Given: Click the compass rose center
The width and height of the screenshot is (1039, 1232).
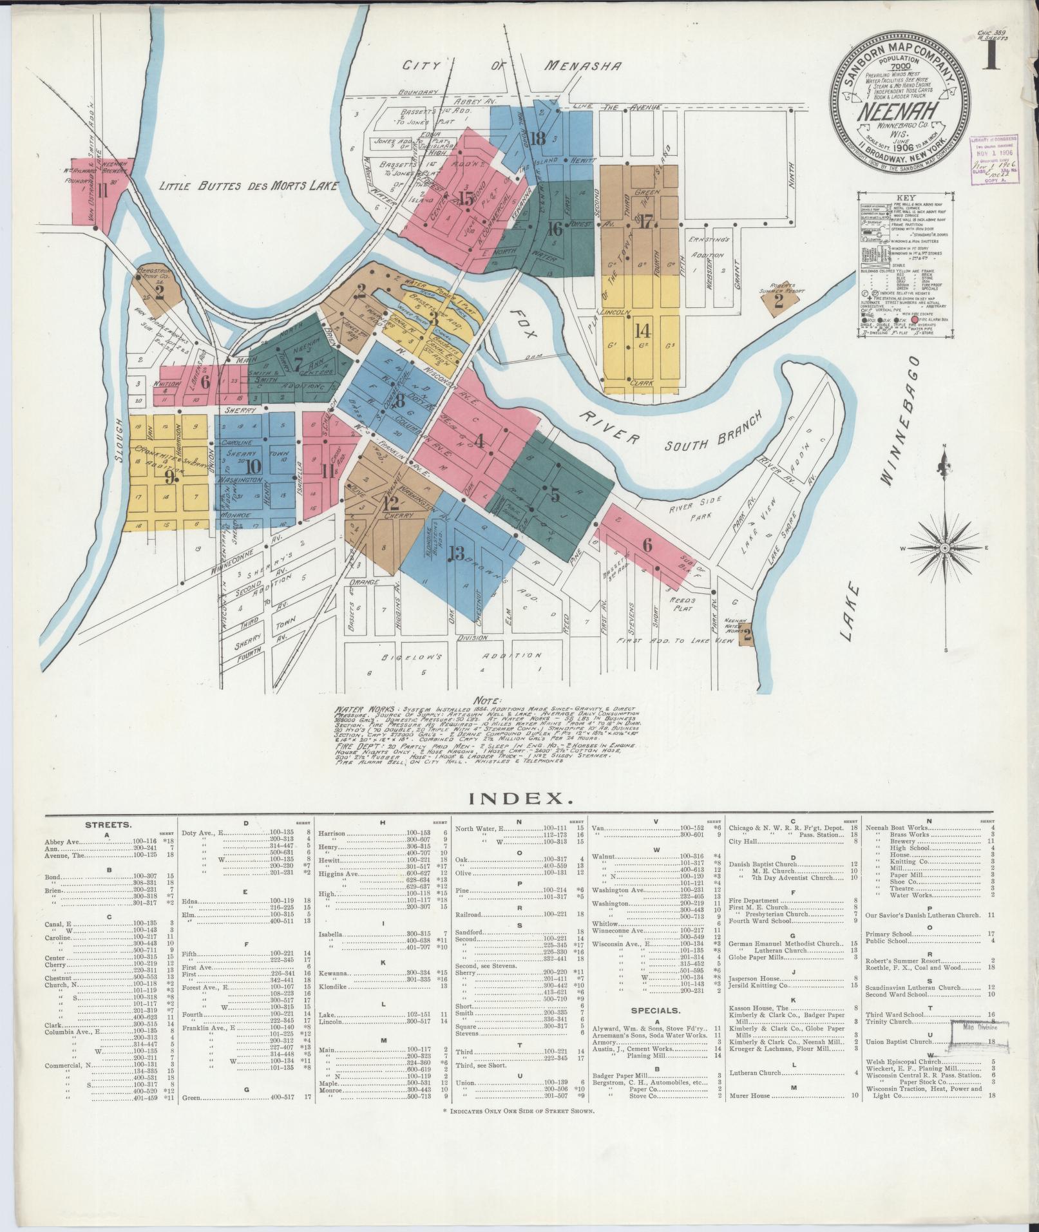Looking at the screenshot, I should [x=944, y=548].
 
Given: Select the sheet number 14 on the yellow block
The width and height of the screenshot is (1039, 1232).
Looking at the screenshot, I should [x=641, y=331].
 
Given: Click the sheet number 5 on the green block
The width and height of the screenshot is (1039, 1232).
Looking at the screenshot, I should [x=554, y=495].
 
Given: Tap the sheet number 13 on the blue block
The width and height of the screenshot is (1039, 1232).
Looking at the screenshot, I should [x=456, y=553].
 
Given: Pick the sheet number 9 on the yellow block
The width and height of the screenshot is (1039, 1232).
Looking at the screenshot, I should [x=169, y=478].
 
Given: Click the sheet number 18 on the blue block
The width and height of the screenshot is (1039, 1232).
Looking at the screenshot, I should [x=538, y=137].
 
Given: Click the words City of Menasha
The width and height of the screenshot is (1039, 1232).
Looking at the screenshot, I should [x=512, y=66].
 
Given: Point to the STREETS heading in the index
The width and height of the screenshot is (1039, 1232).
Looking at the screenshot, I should [x=109, y=824].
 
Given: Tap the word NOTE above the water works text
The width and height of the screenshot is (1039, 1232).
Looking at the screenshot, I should [x=487, y=700].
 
